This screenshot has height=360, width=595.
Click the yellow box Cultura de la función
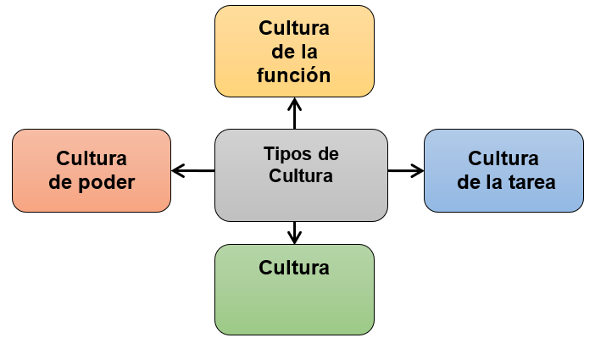pyautogui.click(x=294, y=51)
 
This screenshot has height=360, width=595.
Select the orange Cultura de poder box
pyautogui.click(x=92, y=170)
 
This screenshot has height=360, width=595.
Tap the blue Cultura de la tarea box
pyautogui.click(x=503, y=170)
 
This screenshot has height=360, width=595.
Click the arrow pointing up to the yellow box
pyautogui.click(x=294, y=113)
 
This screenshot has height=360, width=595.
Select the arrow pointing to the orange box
pyautogui.click(x=192, y=170)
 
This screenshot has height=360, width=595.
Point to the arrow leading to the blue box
pyautogui.click(x=406, y=170)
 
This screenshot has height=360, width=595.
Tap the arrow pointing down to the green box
pyautogui.click(x=294, y=230)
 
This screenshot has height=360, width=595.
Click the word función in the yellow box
pyautogui.click(x=294, y=75)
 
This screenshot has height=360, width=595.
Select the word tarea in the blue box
pyautogui.click(x=529, y=181)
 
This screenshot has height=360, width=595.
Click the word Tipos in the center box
pyautogui.click(x=282, y=154)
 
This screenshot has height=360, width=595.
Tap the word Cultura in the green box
pyautogui.click(x=294, y=268)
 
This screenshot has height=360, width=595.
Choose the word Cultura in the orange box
pyautogui.click(x=92, y=158)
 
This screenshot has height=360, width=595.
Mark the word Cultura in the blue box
pyautogui.click(x=503, y=158)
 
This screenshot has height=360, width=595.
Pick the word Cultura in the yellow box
pyautogui.click(x=294, y=28)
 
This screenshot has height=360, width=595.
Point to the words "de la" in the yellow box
pyautogui.click(x=294, y=52)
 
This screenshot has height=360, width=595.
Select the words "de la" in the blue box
pyautogui.click(x=481, y=181)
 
